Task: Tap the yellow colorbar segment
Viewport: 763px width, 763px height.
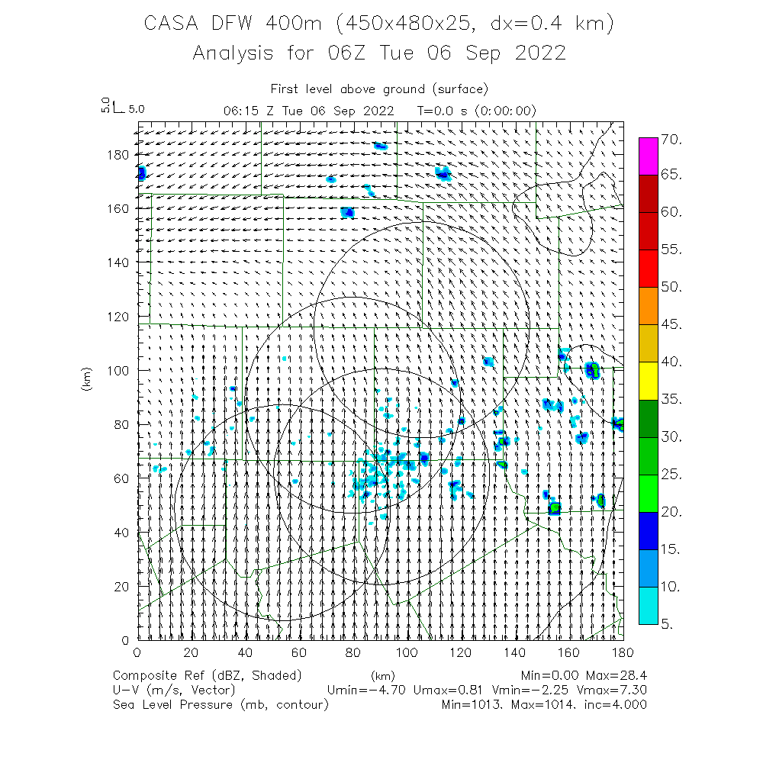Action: coord(649,381)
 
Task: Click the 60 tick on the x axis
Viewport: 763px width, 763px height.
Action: coord(299,652)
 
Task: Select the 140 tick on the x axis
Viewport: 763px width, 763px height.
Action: coord(515,652)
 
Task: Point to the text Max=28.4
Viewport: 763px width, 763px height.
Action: coord(615,675)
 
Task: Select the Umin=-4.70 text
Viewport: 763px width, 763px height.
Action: coord(365,691)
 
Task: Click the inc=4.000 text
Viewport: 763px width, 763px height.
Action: coord(615,705)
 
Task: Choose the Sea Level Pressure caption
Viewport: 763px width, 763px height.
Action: coord(172,705)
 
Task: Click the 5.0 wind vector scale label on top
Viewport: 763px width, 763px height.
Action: coord(137,109)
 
